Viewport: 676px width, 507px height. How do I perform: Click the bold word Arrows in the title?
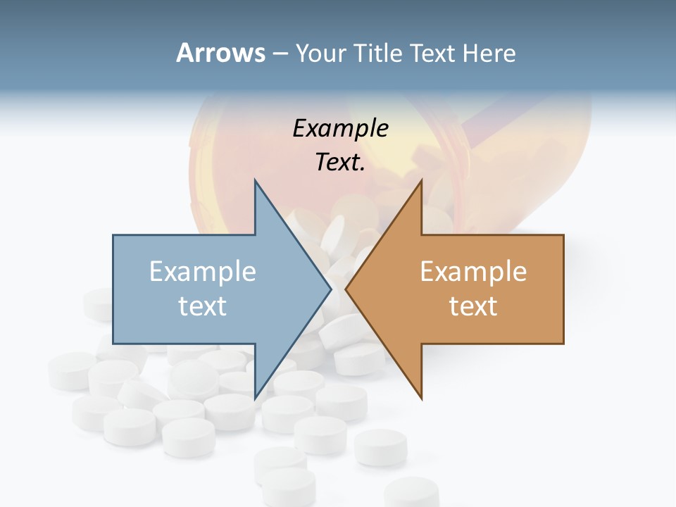pos(220,53)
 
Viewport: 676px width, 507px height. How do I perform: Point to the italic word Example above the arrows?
pos(340,128)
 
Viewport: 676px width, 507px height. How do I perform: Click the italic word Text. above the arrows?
pos(340,162)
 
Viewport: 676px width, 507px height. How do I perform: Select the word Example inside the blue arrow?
pos(203,271)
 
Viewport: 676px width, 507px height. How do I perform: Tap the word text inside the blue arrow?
pos(203,306)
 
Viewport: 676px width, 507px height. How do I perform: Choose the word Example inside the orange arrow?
pos(473,271)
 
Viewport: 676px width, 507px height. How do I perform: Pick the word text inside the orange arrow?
pos(473,306)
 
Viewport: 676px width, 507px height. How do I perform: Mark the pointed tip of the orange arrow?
pos(346,289)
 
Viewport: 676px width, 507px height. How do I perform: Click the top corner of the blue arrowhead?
pos(255,181)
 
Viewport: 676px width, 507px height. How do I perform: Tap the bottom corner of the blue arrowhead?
pos(255,398)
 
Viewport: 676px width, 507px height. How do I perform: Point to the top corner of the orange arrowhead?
pos(421,181)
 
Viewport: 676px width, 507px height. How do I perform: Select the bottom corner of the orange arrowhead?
pos(421,398)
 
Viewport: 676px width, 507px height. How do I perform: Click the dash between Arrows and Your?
pos(280,54)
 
